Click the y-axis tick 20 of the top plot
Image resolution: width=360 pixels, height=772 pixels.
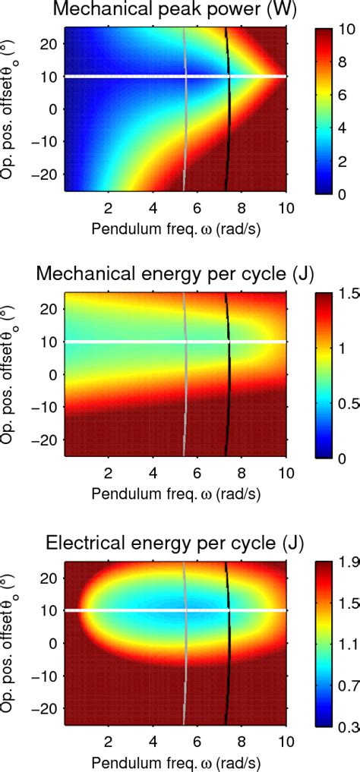(50, 44)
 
